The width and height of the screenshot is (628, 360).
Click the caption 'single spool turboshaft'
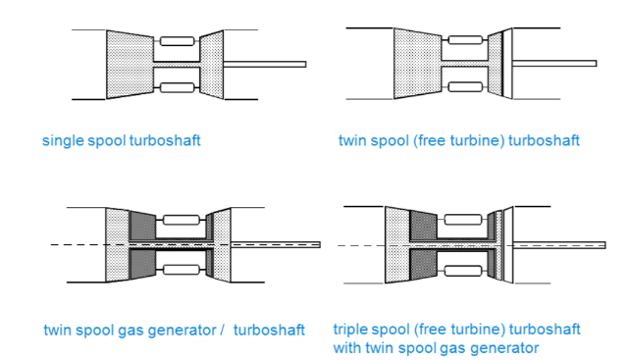click(121, 140)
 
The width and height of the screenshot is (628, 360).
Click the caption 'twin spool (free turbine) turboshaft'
click(458, 140)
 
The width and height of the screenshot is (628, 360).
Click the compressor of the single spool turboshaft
click(130, 64)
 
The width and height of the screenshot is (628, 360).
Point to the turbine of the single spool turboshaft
click(211, 64)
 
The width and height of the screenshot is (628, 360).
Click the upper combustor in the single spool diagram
click(177, 41)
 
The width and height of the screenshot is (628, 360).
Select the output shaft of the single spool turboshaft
click(265, 64)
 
